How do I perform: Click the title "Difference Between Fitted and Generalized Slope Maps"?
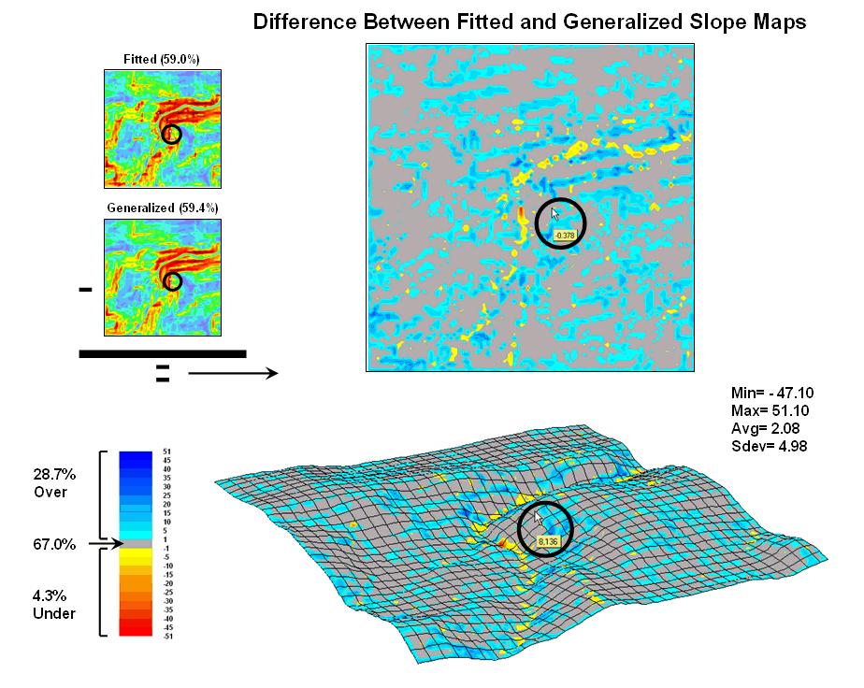tap(529, 22)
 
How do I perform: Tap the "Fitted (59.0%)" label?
tap(162, 60)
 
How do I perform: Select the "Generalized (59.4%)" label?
tap(163, 207)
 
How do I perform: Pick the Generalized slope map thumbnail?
tap(163, 277)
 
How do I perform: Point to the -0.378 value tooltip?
tap(564, 236)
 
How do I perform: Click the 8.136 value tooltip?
tap(547, 541)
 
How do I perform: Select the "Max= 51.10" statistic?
tap(766, 411)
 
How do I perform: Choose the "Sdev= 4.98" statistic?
tap(767, 445)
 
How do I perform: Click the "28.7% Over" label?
tap(50, 482)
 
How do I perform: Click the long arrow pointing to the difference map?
tap(233, 374)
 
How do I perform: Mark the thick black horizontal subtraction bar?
tap(163, 353)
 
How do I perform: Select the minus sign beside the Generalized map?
tap(86, 291)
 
